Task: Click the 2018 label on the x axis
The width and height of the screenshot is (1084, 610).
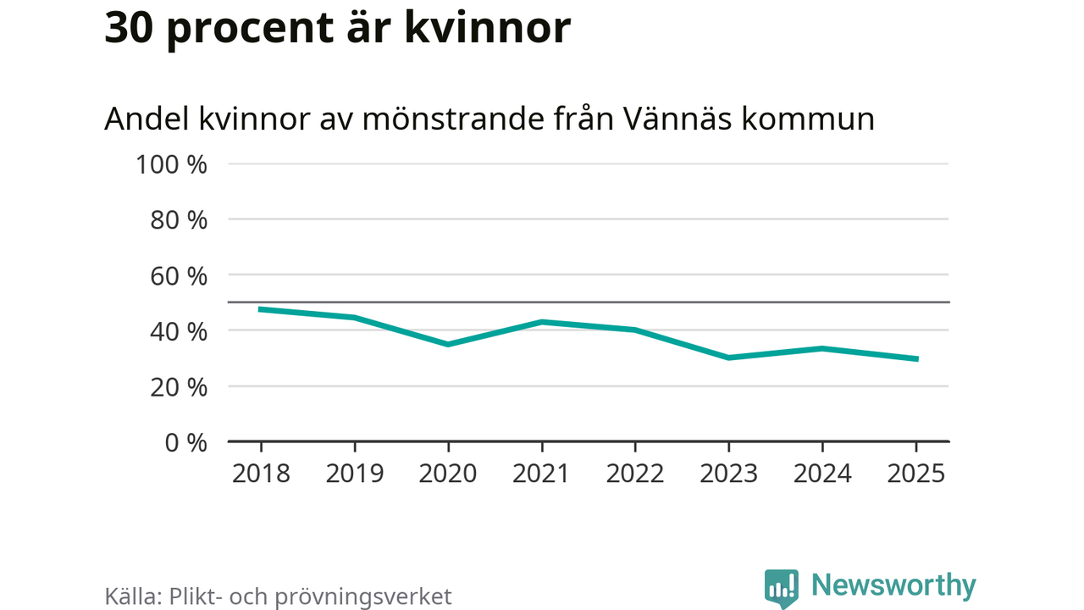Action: click(261, 473)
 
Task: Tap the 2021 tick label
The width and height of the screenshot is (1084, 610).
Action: click(541, 473)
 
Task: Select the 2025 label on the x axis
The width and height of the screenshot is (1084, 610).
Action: click(915, 473)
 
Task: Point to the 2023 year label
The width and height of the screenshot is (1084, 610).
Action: click(728, 473)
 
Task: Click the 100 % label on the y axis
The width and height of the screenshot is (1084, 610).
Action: click(171, 164)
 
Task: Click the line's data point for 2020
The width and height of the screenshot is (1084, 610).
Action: click(448, 344)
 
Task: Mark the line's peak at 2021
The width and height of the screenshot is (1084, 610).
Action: click(541, 322)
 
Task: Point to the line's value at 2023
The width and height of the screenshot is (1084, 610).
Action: click(728, 358)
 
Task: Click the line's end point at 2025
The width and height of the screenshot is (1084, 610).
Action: click(915, 359)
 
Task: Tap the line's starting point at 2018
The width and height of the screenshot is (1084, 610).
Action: click(261, 309)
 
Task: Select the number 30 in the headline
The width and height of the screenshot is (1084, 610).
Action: click(129, 28)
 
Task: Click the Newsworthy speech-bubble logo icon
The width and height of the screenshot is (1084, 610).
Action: click(782, 587)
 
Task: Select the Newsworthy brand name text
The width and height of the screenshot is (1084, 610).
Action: click(893, 585)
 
